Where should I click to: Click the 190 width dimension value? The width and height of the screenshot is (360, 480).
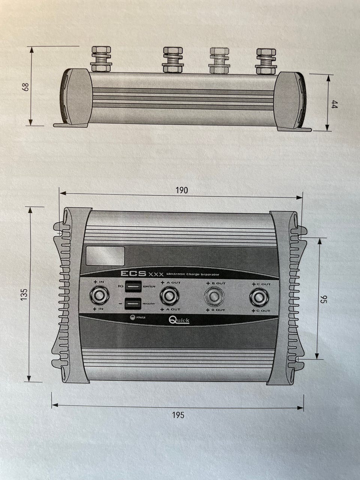point(181,190)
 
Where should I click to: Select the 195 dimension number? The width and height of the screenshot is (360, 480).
point(178,415)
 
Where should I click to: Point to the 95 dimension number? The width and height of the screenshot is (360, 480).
point(325,299)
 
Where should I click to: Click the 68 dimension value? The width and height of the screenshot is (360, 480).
point(25,86)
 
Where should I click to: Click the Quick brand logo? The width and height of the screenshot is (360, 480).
point(179,320)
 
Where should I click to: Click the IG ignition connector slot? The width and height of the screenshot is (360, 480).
point(133,287)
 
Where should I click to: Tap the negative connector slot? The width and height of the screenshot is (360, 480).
point(133,303)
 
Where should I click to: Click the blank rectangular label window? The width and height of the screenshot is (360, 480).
point(105,256)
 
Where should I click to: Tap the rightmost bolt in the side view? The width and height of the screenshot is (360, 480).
point(266,60)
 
